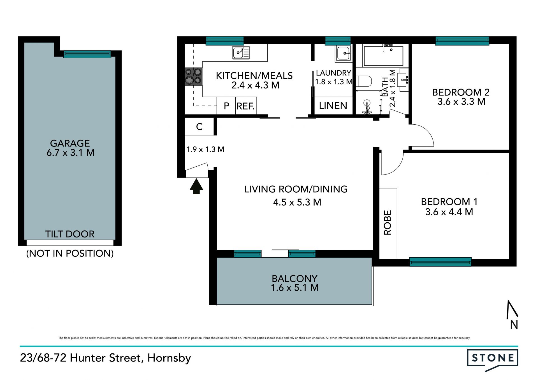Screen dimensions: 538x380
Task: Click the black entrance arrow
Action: pos(196,186)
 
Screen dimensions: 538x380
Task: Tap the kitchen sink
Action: pos(241,53)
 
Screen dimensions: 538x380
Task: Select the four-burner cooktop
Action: pos(193,76)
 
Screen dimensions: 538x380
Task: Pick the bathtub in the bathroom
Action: pos(383,56)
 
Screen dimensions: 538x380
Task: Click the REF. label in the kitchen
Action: pos(245,106)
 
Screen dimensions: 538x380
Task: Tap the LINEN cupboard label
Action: pos(333,106)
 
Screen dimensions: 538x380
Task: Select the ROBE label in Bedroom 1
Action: pos(387,223)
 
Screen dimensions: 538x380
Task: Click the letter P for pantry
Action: pos(226,106)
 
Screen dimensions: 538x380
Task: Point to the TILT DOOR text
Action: pos(70,234)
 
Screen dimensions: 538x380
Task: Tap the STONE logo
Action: pos(493,358)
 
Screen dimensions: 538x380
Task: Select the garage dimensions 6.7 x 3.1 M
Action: pos(70,153)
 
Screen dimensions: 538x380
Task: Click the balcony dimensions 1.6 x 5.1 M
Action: pos(295,288)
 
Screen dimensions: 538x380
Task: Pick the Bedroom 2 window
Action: pos(462,41)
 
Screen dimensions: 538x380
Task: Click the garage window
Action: pos(87,54)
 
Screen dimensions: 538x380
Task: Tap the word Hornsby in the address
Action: pos(169,358)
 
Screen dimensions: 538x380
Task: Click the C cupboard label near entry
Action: pos(199,127)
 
